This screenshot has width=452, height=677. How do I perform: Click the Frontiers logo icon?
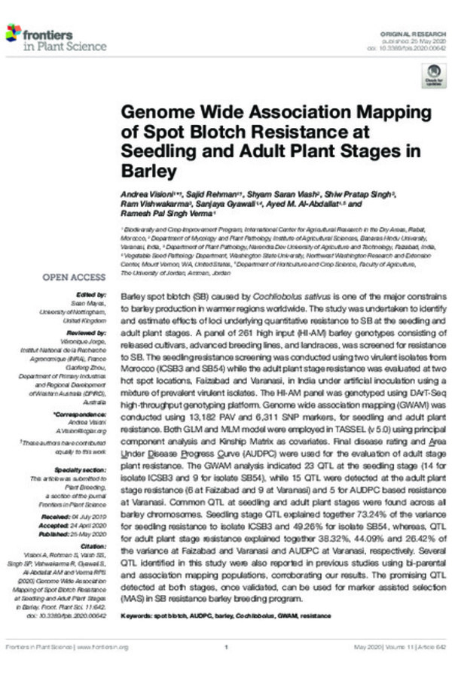[x=13, y=32]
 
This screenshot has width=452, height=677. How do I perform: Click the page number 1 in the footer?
[x=226, y=647]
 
